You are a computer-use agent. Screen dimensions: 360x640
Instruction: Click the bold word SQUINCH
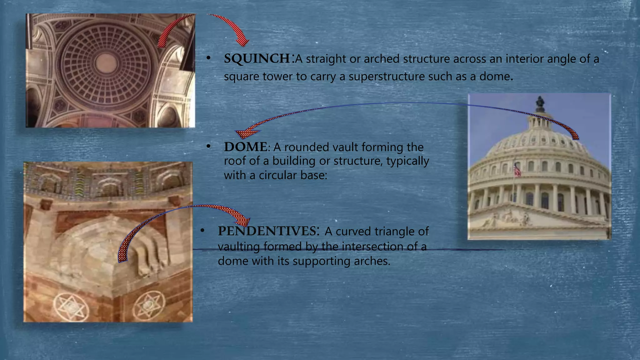[257, 59]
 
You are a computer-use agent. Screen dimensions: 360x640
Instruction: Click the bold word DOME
[246, 147]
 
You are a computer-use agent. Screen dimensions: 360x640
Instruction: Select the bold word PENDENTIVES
[267, 231]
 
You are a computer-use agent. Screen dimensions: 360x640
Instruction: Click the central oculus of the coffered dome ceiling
[106, 63]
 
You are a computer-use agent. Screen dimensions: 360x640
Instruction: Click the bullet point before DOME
[208, 146]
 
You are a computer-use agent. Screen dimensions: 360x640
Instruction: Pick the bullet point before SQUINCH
[208, 58]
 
